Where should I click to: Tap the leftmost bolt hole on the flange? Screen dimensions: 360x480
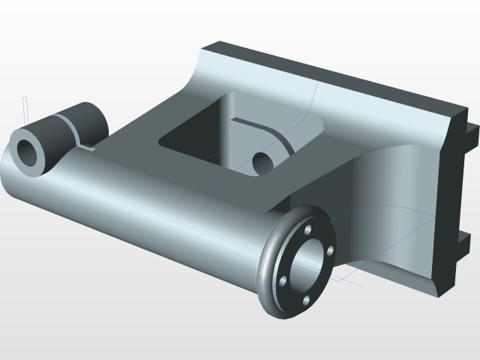coord(283,281)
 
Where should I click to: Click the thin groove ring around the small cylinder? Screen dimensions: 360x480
coord(70,128)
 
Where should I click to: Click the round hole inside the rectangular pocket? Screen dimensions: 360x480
coord(262,160)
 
